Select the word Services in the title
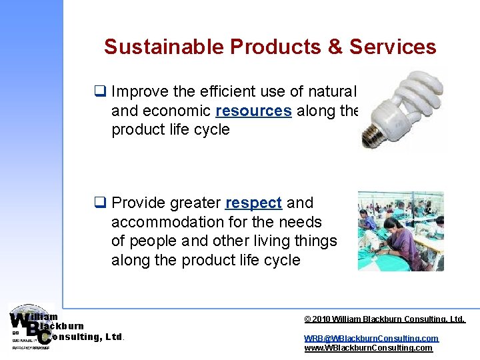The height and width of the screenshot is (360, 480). (x=393, y=47)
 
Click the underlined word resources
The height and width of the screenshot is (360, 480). (x=253, y=111)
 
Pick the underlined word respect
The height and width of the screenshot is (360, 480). (x=253, y=203)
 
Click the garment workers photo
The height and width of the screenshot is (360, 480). (x=400, y=231)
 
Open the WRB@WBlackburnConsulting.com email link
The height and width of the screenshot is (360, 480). (x=371, y=338)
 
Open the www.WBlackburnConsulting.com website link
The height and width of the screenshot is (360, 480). (x=368, y=348)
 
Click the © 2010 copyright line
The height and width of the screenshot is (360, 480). (x=384, y=319)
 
